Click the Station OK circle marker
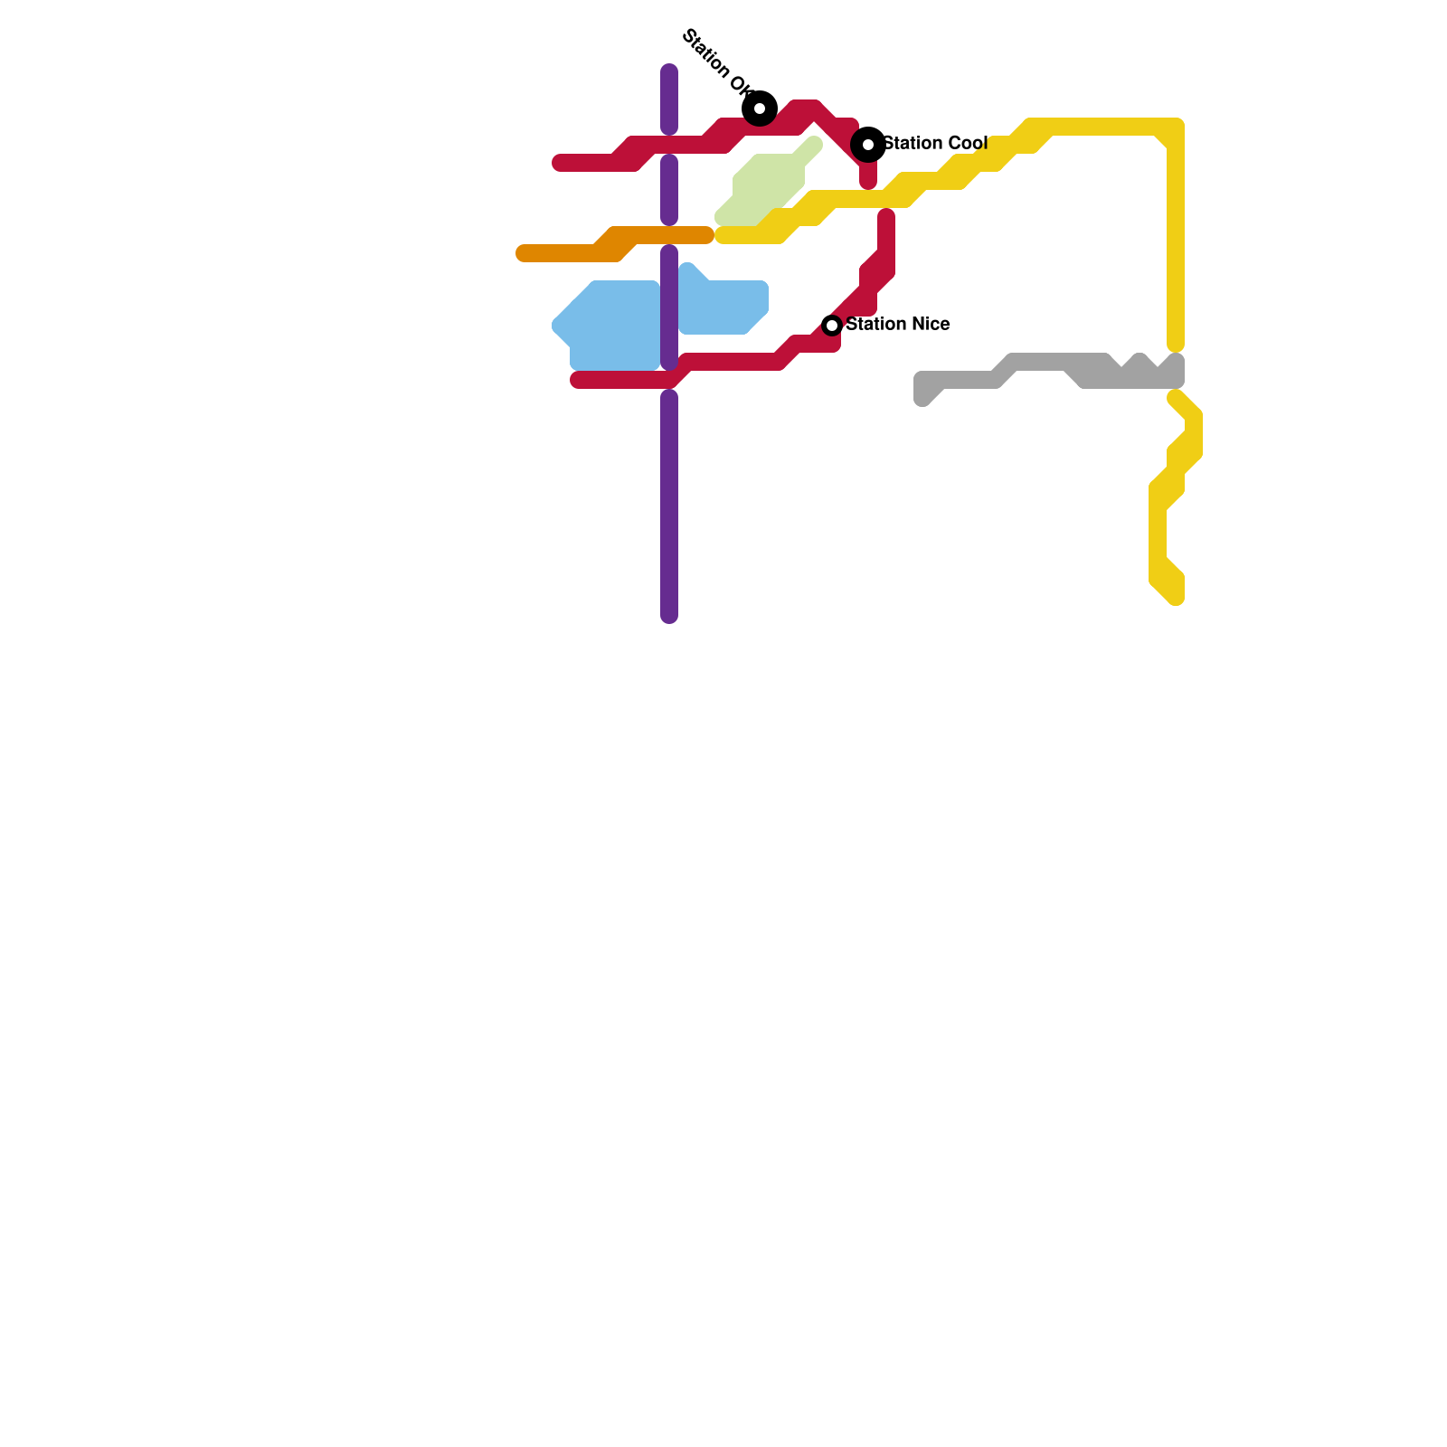point(760,109)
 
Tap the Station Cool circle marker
point(868,145)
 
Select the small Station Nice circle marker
point(832,326)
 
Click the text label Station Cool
point(935,143)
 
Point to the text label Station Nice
point(898,324)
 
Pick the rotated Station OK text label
point(716,62)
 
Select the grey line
point(1040,363)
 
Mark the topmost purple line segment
point(669,99)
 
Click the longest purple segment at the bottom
point(669,506)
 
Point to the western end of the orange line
point(524,253)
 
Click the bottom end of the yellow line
point(1176,597)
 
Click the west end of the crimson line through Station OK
point(560,163)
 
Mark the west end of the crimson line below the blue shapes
point(578,380)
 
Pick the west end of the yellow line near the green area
point(723,236)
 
